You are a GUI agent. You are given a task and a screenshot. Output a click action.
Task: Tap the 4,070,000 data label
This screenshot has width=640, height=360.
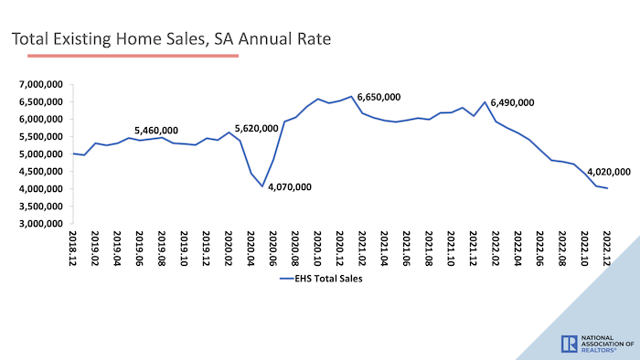point(291,187)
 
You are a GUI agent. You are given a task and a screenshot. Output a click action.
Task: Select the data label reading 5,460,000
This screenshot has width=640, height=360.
point(156,131)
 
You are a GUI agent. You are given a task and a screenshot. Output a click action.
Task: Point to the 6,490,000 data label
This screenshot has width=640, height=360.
point(513,103)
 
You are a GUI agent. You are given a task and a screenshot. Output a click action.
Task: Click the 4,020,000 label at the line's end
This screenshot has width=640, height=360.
point(609,172)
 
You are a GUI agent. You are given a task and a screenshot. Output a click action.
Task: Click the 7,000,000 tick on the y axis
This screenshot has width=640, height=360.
point(39,84)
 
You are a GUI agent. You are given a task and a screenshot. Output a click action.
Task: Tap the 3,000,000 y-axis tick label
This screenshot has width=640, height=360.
point(39,224)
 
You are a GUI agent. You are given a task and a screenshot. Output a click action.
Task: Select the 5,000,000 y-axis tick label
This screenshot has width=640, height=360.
point(39,154)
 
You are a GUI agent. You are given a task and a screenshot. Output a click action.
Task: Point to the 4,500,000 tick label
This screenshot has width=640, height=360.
point(39,172)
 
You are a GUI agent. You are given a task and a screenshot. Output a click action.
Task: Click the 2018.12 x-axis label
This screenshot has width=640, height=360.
point(73,248)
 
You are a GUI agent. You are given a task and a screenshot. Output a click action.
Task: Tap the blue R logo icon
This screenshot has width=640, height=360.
point(568,344)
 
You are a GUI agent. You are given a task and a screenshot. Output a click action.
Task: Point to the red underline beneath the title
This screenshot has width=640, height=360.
point(133,56)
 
